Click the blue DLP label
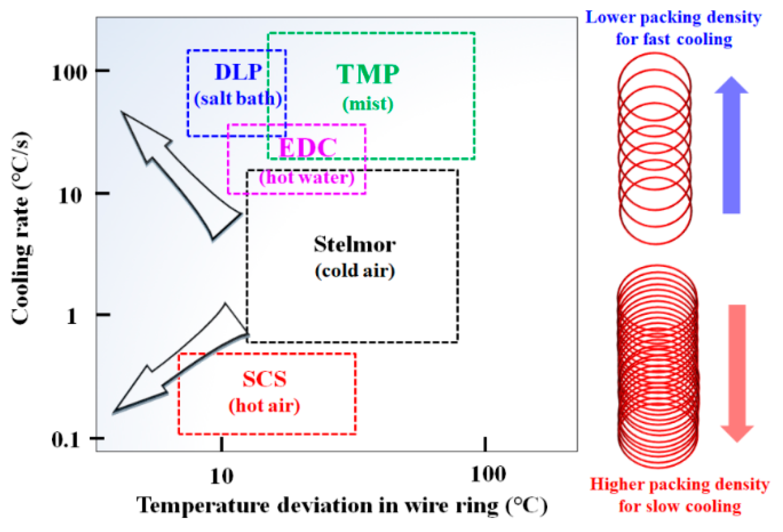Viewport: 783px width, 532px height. [238, 72]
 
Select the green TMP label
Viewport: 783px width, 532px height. [368, 75]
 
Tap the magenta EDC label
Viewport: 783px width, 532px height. [308, 148]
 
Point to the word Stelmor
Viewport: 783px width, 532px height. [355, 245]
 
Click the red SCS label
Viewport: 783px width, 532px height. [264, 379]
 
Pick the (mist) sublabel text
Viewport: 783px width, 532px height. [368, 104]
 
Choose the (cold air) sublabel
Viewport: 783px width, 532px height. [355, 271]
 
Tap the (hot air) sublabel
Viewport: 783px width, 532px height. [264, 406]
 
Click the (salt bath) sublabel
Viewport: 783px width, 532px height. [238, 99]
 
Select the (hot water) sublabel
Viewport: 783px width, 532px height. [307, 177]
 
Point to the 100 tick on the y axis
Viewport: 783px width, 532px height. [70, 72]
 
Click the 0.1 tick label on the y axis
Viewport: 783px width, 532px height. [66, 440]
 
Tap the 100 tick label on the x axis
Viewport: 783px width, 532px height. [488, 475]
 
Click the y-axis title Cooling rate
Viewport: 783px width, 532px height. [21, 228]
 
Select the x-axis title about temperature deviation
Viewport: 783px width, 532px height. [342, 505]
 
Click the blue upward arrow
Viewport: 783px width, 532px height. [731, 145]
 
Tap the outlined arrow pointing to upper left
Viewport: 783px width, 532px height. [177, 172]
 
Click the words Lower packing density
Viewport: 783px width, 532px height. [673, 18]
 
